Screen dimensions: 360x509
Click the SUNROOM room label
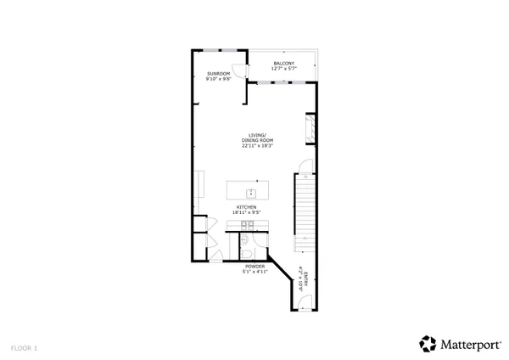(x=219, y=75)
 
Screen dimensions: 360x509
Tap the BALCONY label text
(x=284, y=62)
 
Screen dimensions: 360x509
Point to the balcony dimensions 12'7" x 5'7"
(x=284, y=68)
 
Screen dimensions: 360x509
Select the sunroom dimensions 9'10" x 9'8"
(x=219, y=81)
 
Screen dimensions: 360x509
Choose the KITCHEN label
(x=246, y=206)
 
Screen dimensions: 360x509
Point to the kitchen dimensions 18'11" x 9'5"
(x=246, y=212)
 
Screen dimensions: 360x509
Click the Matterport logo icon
(x=428, y=343)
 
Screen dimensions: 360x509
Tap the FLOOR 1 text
(x=24, y=347)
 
